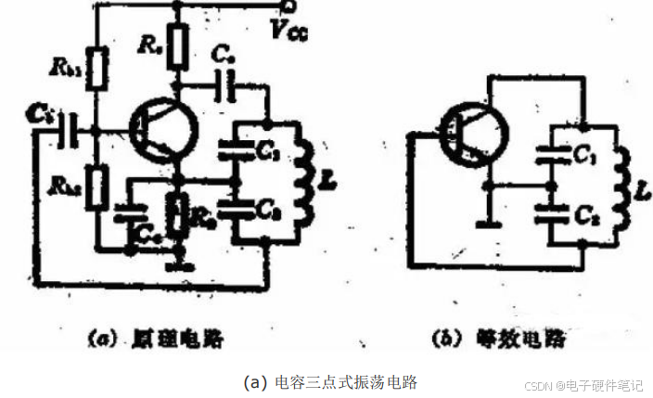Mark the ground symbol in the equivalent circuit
point(486,223)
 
